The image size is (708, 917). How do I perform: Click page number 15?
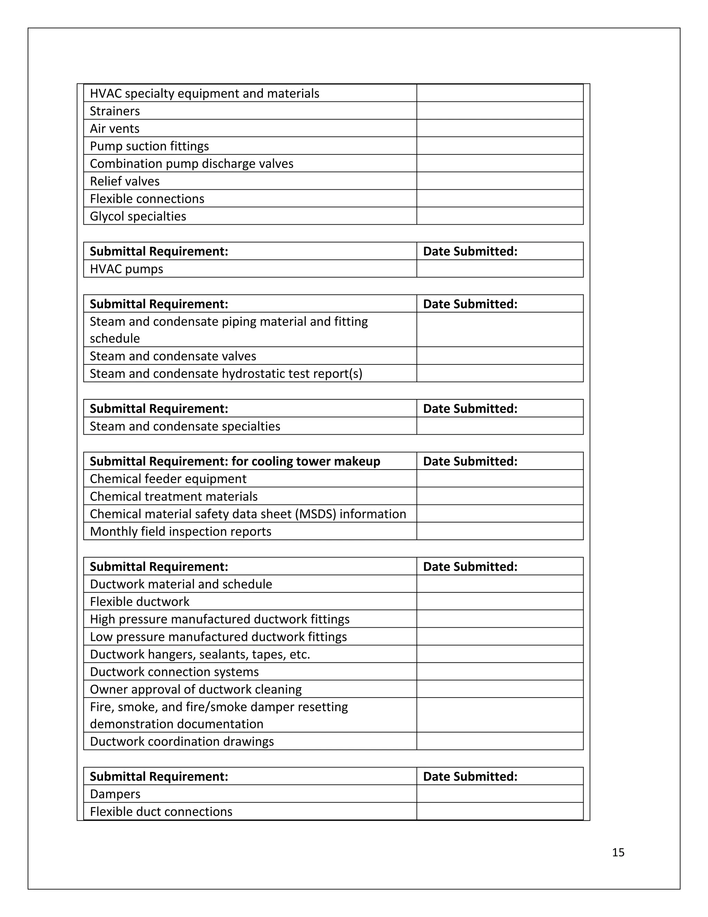(618, 852)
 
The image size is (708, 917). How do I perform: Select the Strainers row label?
(114, 111)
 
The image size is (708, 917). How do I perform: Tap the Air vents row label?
(114, 128)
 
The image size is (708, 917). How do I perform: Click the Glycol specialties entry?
(138, 216)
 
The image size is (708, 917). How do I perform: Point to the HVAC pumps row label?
(126, 269)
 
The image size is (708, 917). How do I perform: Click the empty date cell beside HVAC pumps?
(500, 269)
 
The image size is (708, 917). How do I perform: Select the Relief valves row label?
(124, 181)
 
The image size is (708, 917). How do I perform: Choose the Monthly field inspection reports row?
(180, 532)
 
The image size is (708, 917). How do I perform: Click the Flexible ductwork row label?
(139, 602)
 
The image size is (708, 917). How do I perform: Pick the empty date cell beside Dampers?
(500, 794)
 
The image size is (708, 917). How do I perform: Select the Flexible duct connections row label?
(161, 811)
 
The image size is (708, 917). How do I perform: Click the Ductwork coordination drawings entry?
(181, 742)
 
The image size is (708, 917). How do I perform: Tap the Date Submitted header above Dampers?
(470, 777)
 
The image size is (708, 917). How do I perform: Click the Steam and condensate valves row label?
(173, 356)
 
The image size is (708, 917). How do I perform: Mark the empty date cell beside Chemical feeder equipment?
(500, 479)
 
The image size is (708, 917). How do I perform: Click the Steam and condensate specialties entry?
(185, 426)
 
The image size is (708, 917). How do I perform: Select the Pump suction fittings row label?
(149, 146)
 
